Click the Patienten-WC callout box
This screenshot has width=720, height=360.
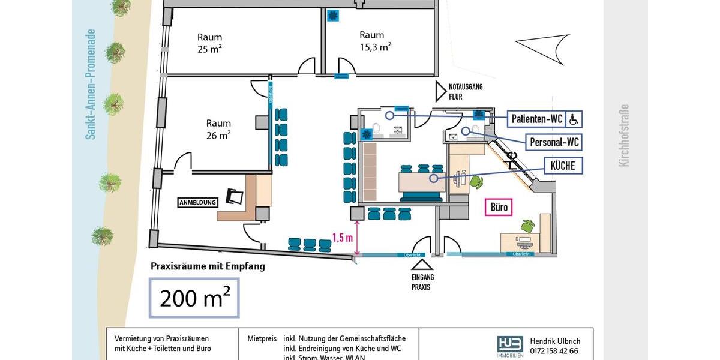537,119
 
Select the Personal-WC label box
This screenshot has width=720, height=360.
554,142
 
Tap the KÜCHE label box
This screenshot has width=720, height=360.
563,166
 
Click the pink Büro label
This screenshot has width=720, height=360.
499,208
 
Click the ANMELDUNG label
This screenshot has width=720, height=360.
197,203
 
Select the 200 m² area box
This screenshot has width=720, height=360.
194,297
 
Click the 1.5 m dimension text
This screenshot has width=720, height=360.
341,238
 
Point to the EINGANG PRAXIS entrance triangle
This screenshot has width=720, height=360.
424,265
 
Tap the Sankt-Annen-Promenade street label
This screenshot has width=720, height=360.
91,84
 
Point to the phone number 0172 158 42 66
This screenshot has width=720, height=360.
554,351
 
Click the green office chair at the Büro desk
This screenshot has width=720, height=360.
528,226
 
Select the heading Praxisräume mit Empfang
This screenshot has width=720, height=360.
208,266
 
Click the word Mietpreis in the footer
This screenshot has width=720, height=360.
262,339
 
